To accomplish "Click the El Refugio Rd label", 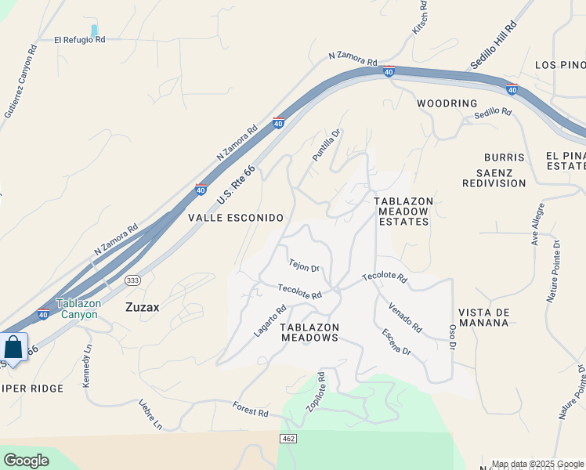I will (79, 39).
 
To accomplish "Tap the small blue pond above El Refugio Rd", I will (95, 31).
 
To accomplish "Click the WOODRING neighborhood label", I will (447, 103).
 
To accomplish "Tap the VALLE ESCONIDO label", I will (235, 217).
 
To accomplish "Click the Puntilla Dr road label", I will (327, 146).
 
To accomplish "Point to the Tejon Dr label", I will (304, 266).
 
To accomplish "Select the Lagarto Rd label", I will (270, 321).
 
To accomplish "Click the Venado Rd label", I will (405, 316).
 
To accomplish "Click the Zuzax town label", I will (143, 308).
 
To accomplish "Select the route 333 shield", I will (132, 280).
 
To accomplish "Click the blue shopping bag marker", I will (13, 346).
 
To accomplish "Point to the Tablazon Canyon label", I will (77, 309).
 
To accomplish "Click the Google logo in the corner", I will (27, 461).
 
